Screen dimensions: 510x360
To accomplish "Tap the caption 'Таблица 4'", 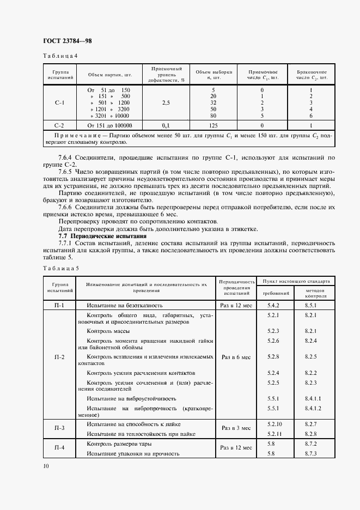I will pyautogui.click(x=60, y=56).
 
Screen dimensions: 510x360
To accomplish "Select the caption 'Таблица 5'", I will pyautogui.click(x=60, y=268).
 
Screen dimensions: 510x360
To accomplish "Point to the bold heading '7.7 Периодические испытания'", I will pyautogui.click(x=102, y=236).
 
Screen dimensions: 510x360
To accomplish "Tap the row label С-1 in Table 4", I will pyautogui.click(x=60, y=102).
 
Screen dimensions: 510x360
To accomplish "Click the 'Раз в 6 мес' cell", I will pyautogui.click(x=236, y=357).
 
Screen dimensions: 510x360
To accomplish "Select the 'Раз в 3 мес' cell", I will pyautogui.click(x=236, y=428).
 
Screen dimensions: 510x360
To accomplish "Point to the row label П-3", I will pyautogui.click(x=59, y=428).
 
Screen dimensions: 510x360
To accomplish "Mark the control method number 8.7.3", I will pyautogui.click(x=311, y=453).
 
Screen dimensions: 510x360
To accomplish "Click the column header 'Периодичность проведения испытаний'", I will pyautogui.click(x=236, y=288).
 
